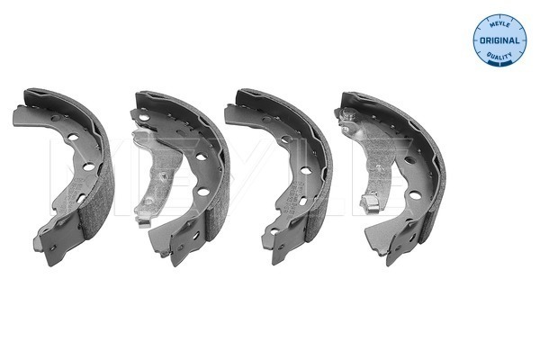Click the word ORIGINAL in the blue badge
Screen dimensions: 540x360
[499, 40]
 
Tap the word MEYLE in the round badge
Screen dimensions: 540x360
[499, 25]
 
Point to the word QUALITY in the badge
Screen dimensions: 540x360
[499, 56]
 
